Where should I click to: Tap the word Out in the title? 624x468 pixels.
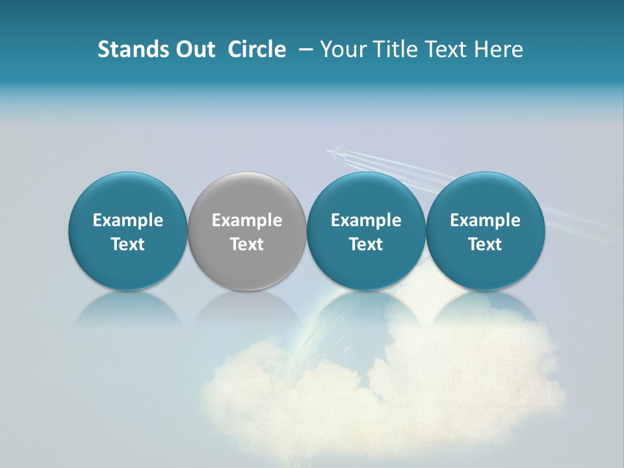pos(193,49)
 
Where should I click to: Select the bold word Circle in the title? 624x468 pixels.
pos(257,49)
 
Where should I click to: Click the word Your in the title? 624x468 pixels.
pos(342,49)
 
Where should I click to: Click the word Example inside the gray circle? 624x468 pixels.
pos(247,221)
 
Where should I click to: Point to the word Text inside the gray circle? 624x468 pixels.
pos(247,244)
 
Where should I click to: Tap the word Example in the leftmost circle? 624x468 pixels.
pos(128,221)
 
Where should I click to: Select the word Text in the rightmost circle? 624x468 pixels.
pos(485,244)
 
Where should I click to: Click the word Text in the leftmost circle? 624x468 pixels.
pos(128,244)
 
